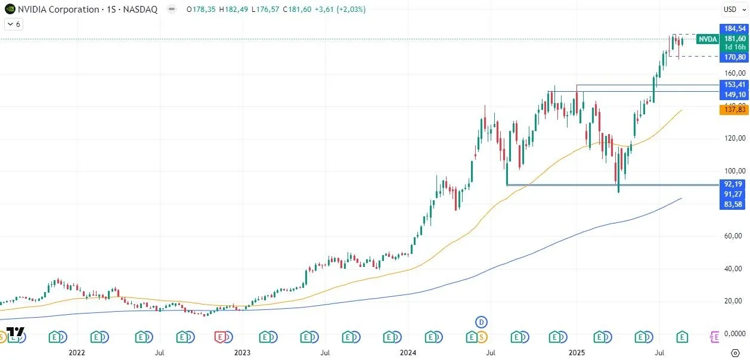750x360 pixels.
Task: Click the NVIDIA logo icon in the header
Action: coord(10,10)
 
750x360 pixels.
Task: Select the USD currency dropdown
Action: coord(730,9)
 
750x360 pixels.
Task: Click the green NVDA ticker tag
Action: coord(708,39)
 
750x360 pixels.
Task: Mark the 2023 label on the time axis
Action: coord(242,353)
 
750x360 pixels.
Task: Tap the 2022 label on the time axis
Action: coord(77,353)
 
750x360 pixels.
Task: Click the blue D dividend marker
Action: coord(482,322)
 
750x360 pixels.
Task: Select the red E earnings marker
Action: coord(222,337)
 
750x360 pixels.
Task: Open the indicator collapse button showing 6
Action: coord(13,24)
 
